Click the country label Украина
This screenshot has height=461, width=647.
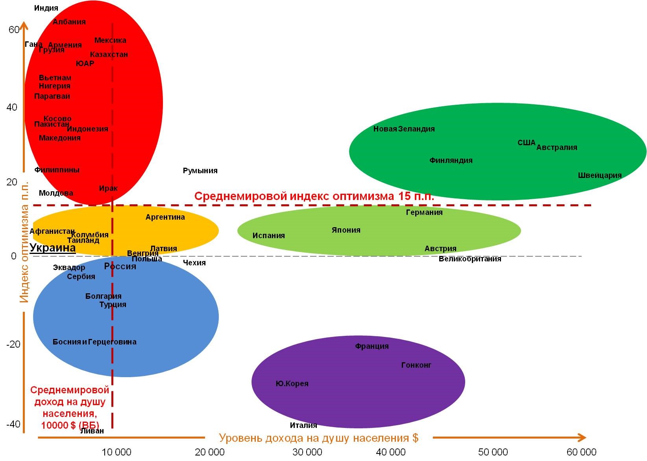tap(52, 248)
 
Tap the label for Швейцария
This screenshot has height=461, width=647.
tap(599, 176)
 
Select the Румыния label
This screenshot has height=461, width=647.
tap(200, 171)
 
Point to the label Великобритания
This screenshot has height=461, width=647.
tap(470, 259)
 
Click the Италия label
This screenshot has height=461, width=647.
tap(303, 426)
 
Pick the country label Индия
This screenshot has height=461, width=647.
tap(46, 8)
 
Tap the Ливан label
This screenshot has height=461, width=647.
tap(92, 431)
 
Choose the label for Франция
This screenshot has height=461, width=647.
tap(372, 346)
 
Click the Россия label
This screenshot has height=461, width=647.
tap(120, 267)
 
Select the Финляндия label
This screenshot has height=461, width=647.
tap(451, 161)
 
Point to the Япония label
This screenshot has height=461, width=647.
tap(346, 230)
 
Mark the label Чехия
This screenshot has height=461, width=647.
tap(194, 263)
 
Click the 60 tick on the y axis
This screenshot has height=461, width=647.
tap(14, 30)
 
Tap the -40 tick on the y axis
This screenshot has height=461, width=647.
tap(13, 424)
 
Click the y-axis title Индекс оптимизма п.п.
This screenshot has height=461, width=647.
tap(24, 242)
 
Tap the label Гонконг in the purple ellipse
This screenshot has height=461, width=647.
tap(416, 365)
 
